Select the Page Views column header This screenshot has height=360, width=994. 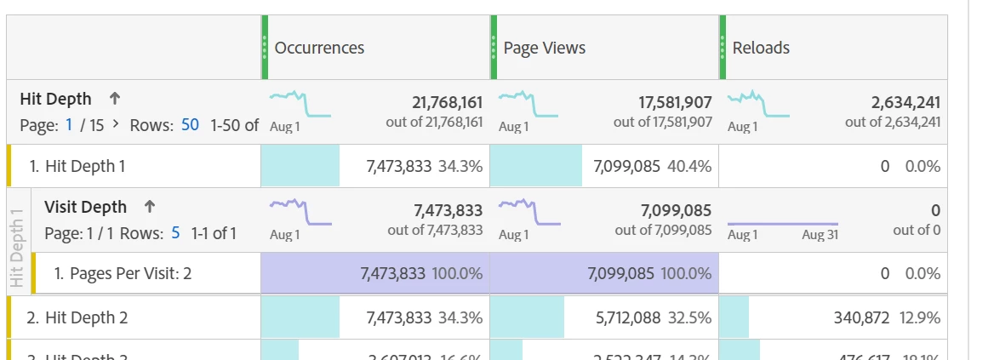(x=545, y=48)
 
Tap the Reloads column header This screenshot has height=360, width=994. (x=761, y=48)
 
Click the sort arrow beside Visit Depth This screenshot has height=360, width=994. (x=150, y=207)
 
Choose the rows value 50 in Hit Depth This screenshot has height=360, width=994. (x=190, y=125)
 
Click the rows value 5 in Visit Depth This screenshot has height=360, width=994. (x=175, y=232)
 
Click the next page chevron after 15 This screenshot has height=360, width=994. (x=117, y=125)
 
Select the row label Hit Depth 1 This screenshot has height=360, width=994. (x=85, y=166)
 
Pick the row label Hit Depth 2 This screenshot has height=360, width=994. (x=85, y=317)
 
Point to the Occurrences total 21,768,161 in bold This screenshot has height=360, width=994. (x=447, y=103)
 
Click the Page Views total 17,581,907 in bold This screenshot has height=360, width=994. (x=676, y=103)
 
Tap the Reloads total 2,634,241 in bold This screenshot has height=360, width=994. (x=905, y=103)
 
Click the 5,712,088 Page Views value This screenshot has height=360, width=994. (x=627, y=317)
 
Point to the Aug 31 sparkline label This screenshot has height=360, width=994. (x=820, y=235)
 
